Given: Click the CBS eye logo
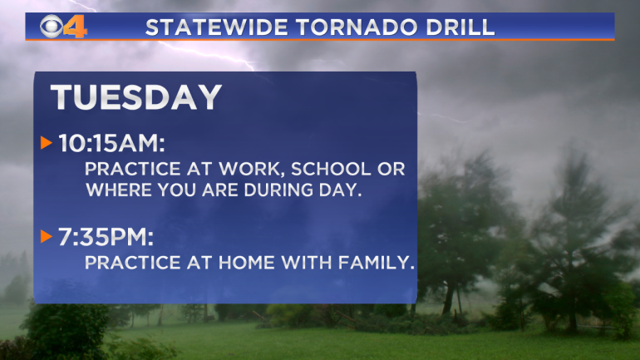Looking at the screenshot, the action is (x=52, y=27).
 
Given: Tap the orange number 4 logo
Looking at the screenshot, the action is (x=75, y=27).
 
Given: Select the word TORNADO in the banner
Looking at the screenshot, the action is (x=357, y=27).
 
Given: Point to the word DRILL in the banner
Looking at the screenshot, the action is (x=460, y=27).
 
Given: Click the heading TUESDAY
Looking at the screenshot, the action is (x=136, y=97).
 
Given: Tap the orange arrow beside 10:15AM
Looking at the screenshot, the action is (x=47, y=142).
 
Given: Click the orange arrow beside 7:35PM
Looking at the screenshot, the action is (x=47, y=236).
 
